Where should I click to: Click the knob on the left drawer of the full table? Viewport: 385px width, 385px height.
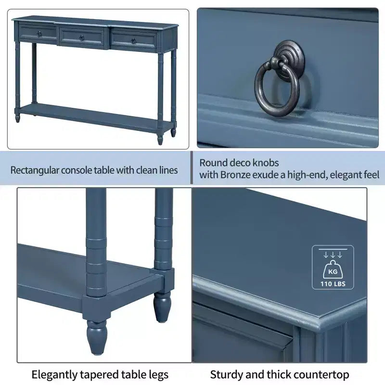39,34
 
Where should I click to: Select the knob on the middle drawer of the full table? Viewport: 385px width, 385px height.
81,38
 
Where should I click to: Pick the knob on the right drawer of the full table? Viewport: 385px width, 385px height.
133,41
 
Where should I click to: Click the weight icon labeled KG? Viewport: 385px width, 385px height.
333,269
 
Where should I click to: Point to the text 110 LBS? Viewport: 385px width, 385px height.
333,284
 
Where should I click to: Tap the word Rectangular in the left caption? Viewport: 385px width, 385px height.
34,170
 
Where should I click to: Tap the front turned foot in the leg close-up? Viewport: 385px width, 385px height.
97,337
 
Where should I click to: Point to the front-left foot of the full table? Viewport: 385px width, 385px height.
17,117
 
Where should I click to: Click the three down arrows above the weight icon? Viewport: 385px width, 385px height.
333,255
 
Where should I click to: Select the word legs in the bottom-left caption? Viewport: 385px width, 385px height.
158,375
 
